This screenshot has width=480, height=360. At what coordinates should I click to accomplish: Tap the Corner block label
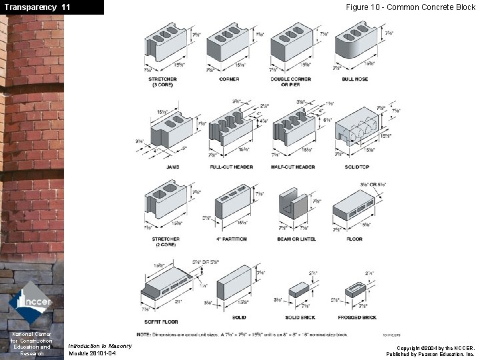tap(229, 79)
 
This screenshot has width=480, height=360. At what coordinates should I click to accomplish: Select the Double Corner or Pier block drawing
tap(291, 44)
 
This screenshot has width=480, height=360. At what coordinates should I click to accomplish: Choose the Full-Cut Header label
tap(231, 167)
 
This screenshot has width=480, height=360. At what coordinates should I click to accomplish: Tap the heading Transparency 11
tap(37, 7)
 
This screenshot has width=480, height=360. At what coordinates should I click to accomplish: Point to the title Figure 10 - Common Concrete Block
tap(410, 7)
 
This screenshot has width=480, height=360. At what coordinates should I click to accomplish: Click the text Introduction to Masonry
tap(100, 345)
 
